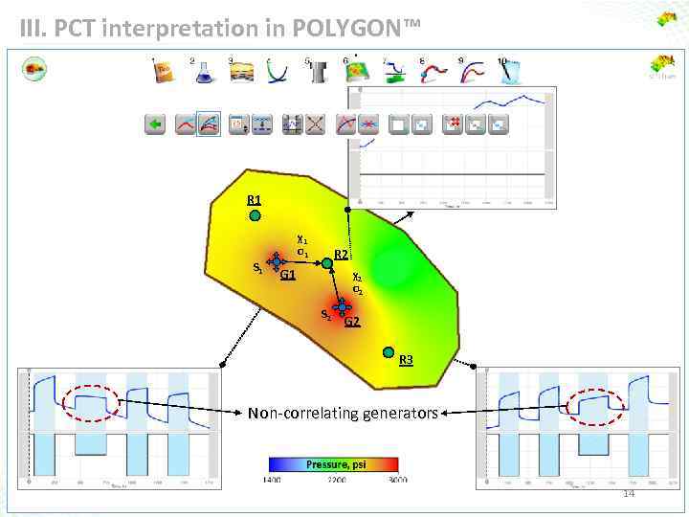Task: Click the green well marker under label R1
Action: pos(256,216)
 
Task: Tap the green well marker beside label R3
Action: pos(389,352)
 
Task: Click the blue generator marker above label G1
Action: pos(277,261)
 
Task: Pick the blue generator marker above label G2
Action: pos(344,306)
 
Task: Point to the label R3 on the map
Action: pos(406,360)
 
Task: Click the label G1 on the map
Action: pos(288,276)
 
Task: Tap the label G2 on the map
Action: pos(352,322)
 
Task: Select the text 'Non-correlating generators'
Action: pos(343,414)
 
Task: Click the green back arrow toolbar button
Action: pos(155,124)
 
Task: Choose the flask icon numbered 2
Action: pos(203,73)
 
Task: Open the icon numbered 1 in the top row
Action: pos(163,73)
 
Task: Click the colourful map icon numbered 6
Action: pos(356,73)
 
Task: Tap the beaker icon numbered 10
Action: pos(509,73)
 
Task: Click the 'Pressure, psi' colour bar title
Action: pos(335,465)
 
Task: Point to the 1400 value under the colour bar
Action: pos(273,479)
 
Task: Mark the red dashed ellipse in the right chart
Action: pos(594,406)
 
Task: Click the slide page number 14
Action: pos(629,494)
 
